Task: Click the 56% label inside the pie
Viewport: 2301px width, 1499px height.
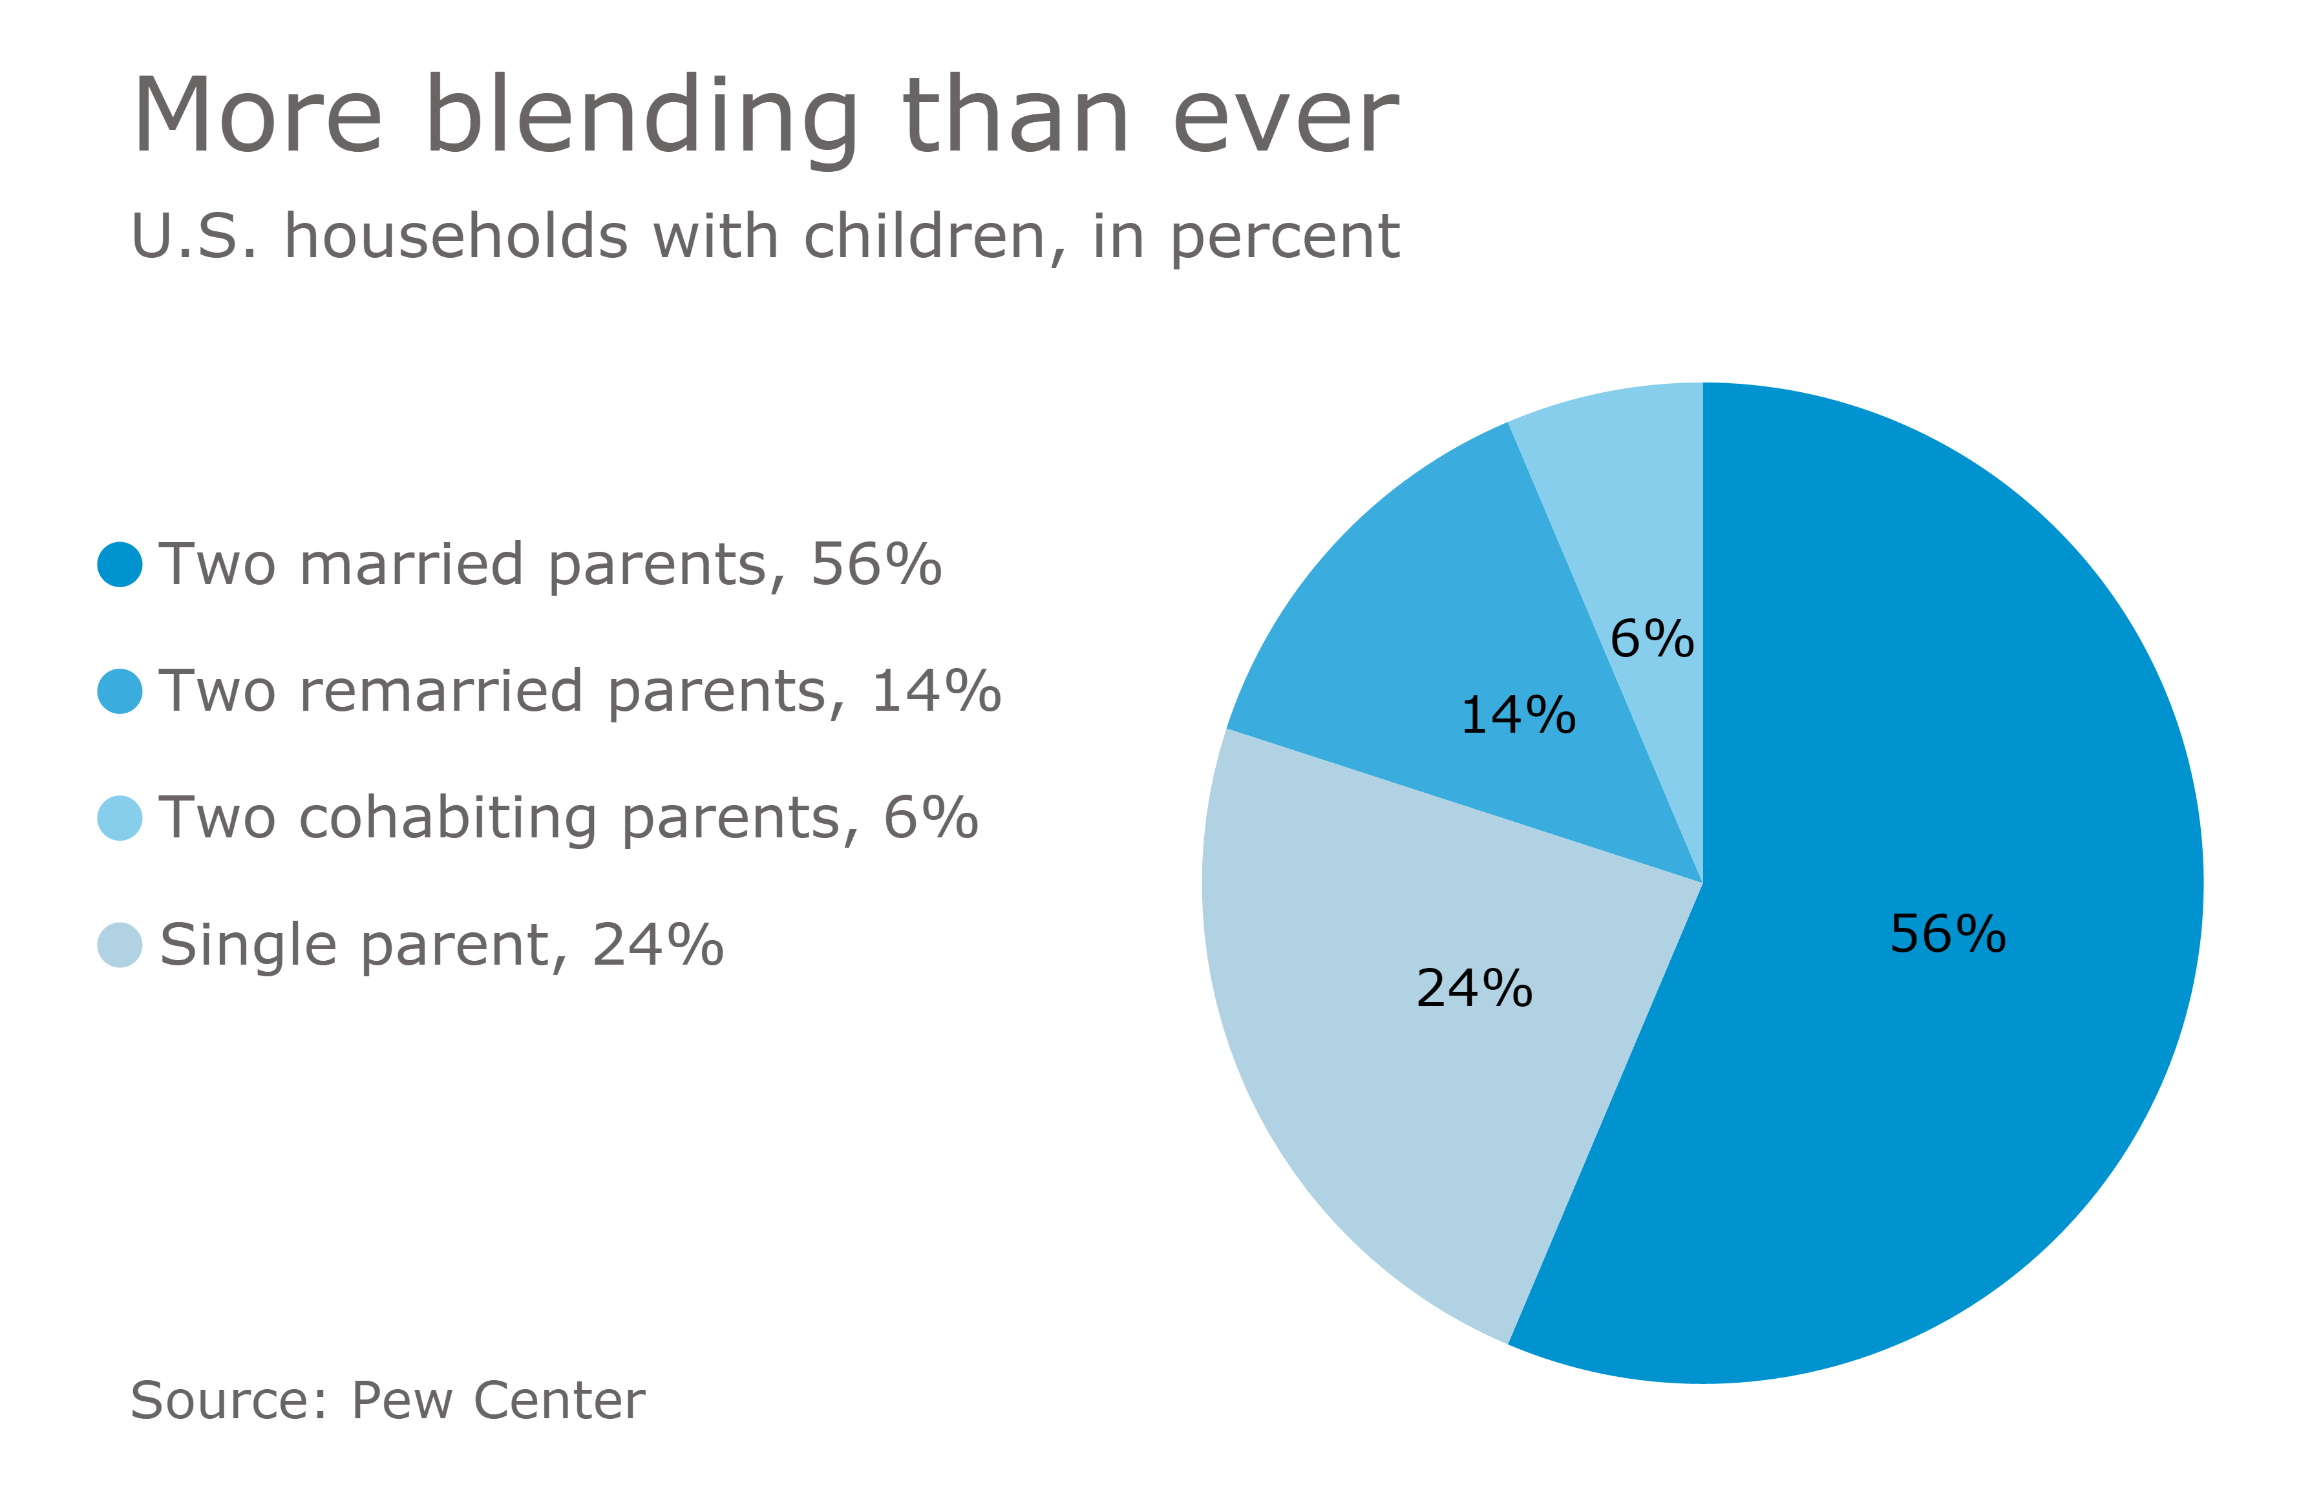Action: (x=1947, y=934)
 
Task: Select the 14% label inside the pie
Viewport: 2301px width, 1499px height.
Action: (x=1517, y=716)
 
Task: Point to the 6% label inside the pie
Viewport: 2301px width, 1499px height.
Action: (x=1651, y=640)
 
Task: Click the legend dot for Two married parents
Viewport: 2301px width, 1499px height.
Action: (x=120, y=565)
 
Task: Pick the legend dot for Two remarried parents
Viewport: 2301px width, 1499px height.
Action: (x=120, y=691)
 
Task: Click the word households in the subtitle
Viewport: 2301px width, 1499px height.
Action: (x=456, y=236)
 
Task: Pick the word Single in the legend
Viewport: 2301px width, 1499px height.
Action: (x=246, y=946)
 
